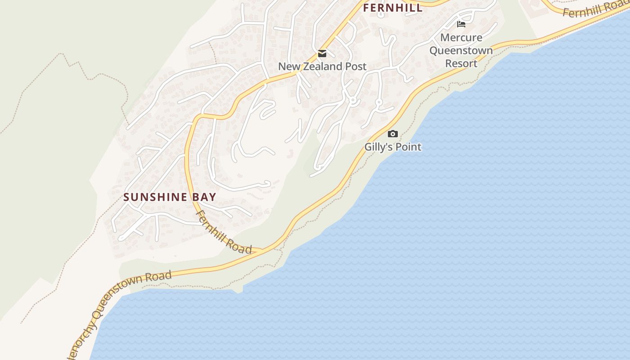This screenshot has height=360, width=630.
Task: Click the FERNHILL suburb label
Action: (x=393, y=8)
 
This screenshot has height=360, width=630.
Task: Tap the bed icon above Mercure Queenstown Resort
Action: (x=461, y=24)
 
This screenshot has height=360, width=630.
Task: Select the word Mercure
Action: (x=461, y=37)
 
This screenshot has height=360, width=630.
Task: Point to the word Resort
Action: (x=461, y=63)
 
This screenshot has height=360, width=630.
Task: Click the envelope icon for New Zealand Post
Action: (x=322, y=54)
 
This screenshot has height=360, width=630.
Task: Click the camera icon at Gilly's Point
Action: (x=393, y=134)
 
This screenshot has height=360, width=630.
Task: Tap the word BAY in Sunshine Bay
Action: (x=205, y=197)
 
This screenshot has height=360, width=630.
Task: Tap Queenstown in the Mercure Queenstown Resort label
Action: (x=461, y=50)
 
